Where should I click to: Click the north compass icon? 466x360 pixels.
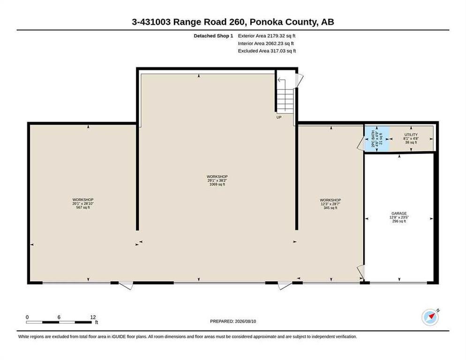pos(430,317)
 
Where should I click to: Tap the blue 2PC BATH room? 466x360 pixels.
pos(377,139)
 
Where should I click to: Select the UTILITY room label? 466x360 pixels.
pos(411,139)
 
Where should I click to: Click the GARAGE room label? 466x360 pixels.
pos(399,217)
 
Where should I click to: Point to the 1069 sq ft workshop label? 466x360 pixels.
pos(217,180)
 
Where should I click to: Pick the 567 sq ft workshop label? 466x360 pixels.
pos(83,203)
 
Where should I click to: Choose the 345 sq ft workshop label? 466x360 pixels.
pos(330,204)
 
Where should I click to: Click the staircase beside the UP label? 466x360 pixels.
pos(285,95)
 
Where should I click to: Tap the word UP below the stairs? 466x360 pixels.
pos(279,117)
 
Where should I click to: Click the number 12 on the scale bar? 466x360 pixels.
pos(93,317)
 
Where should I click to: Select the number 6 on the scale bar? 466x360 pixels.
pos(59,317)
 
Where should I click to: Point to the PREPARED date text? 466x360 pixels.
pos(233,322)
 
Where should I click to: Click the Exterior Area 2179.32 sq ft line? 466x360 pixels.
pos(267,36)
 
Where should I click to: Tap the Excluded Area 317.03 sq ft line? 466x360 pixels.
pos(267,51)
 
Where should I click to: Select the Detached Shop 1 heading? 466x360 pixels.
pos(213,36)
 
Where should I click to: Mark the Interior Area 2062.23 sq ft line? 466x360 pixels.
pos(266,44)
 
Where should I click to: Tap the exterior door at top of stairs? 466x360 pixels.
pos(299,80)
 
